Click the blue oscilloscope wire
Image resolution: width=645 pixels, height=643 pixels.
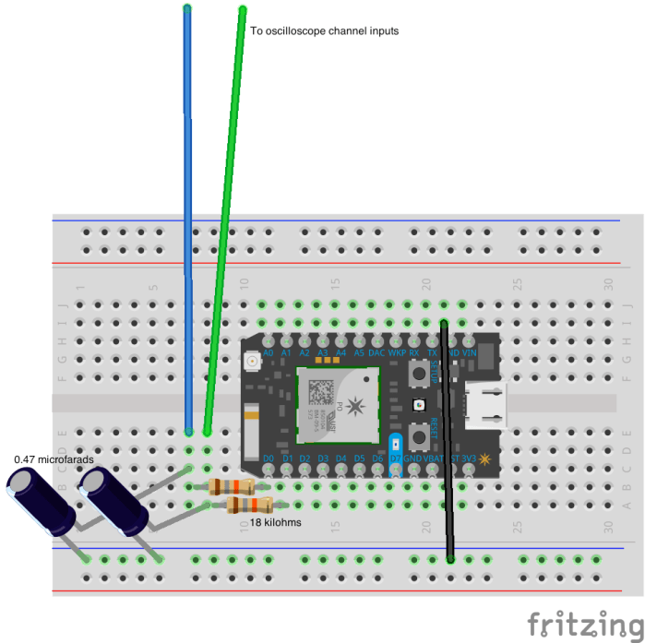click(x=188, y=185)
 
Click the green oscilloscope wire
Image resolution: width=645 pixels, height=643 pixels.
click(x=227, y=185)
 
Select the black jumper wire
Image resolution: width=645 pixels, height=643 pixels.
click(x=448, y=443)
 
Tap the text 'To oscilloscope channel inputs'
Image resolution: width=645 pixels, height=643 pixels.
click(x=325, y=30)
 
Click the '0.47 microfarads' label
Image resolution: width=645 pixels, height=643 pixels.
click(x=54, y=458)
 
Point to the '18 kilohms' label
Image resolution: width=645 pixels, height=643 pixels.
click(x=276, y=522)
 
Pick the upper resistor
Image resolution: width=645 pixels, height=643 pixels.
click(x=231, y=487)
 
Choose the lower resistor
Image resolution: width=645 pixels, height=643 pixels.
click(x=249, y=505)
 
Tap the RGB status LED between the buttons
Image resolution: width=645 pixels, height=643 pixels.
click(x=420, y=405)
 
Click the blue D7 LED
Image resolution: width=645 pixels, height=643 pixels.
click(x=396, y=442)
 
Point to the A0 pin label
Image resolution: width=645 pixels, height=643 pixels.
click(x=269, y=352)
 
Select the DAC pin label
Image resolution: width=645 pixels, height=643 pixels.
click(x=376, y=352)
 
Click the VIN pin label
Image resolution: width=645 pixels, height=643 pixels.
click(x=469, y=352)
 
